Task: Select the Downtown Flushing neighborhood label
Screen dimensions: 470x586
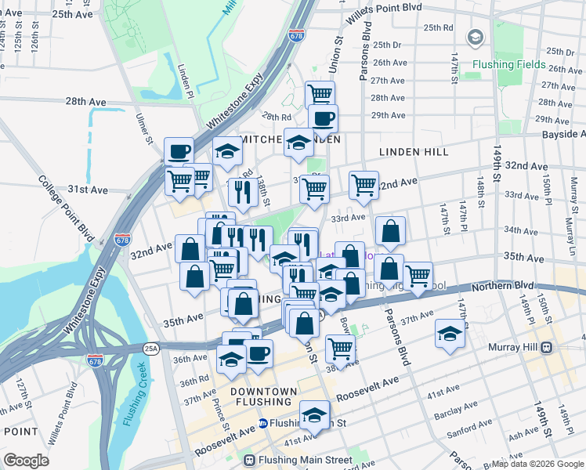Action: (x=264, y=396)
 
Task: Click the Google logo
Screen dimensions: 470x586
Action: (x=26, y=461)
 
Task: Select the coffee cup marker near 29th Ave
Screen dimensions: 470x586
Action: (x=322, y=118)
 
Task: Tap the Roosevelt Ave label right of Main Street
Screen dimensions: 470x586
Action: (x=367, y=388)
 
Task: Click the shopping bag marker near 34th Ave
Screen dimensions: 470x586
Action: (x=389, y=231)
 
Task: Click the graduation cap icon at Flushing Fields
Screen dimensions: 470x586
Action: (x=475, y=37)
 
